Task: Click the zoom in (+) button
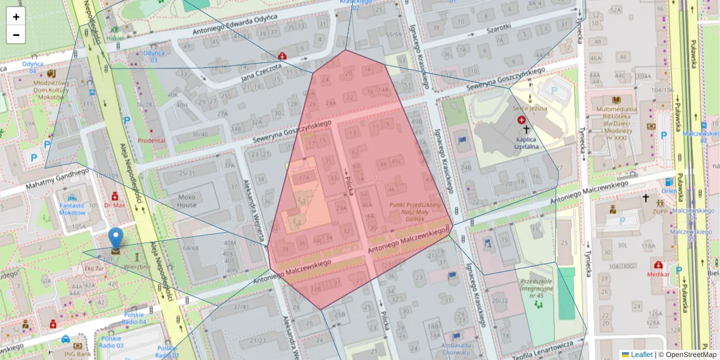[x=16, y=17]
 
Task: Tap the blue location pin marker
[x=115, y=239]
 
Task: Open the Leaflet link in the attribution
[x=641, y=355]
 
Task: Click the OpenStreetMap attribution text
[x=688, y=355]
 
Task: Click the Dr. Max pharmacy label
[x=114, y=205]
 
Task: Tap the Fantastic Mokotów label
[x=72, y=209]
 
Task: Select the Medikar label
[x=658, y=274]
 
